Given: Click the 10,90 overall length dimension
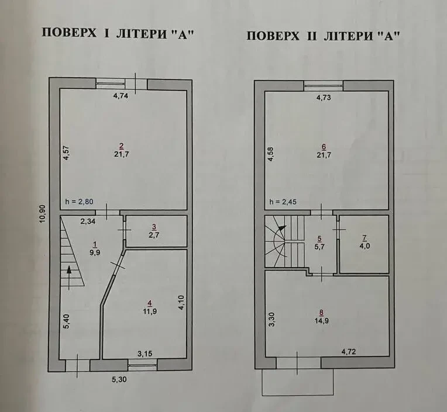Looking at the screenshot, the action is pyautogui.click(x=43, y=214).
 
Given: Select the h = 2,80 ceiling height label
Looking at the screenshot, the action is pyautogui.click(x=79, y=202).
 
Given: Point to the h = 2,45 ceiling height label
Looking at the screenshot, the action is pyautogui.click(x=283, y=202).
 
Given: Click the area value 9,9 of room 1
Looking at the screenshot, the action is pyautogui.click(x=95, y=252).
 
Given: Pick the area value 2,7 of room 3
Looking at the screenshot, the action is pyautogui.click(x=154, y=235).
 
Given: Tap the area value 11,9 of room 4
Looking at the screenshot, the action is pyautogui.click(x=150, y=311).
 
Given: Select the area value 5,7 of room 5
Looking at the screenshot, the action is pyautogui.click(x=319, y=247).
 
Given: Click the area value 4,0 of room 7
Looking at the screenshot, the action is pyautogui.click(x=365, y=245).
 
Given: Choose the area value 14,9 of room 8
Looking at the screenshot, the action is pyautogui.click(x=322, y=321).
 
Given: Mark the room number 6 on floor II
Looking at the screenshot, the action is pyautogui.click(x=324, y=147).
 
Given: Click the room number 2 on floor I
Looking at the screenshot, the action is pyautogui.click(x=122, y=146).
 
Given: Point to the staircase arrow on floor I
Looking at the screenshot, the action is pyautogui.click(x=69, y=278).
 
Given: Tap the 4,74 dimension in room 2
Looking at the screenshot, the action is pyautogui.click(x=121, y=96).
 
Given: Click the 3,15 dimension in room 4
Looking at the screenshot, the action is pyautogui.click(x=145, y=354).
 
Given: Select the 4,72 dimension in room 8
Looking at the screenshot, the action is pyautogui.click(x=349, y=352).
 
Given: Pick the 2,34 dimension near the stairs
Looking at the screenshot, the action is pyautogui.click(x=88, y=221).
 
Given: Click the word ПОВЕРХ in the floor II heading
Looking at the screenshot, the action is pyautogui.click(x=273, y=36).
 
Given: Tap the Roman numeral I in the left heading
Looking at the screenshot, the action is pyautogui.click(x=106, y=33).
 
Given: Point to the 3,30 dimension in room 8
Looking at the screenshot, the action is pyautogui.click(x=271, y=319).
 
